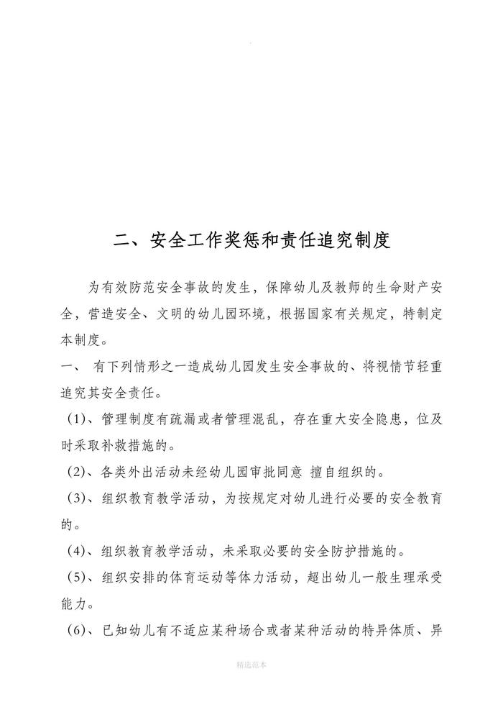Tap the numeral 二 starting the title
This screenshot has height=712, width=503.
124,240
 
